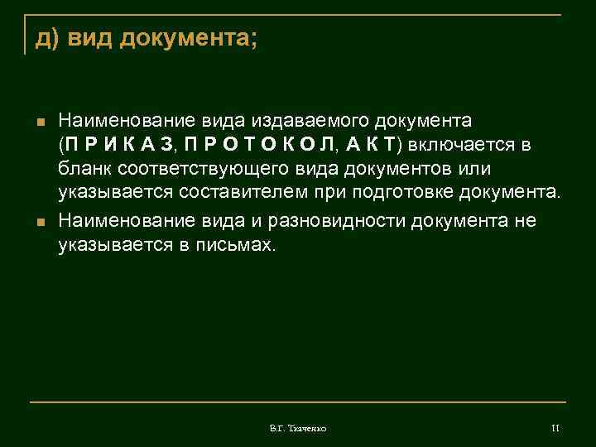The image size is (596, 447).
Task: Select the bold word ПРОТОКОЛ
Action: (x=258, y=146)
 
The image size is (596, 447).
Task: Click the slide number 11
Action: (x=555, y=428)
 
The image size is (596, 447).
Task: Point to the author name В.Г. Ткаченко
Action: (x=298, y=429)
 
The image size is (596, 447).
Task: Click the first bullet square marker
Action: (x=40, y=122)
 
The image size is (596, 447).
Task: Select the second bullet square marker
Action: (x=40, y=221)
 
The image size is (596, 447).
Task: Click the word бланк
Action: (x=83, y=170)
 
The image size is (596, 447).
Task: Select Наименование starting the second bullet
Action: (x=122, y=220)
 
